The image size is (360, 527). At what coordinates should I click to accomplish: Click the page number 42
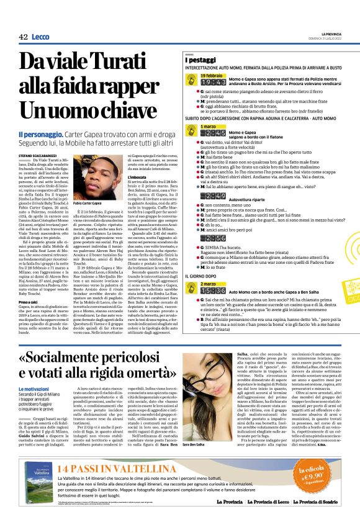click(x=23, y=37)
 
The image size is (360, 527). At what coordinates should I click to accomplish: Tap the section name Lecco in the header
click(x=41, y=37)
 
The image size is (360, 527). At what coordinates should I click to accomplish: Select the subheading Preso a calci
click(x=32, y=269)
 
